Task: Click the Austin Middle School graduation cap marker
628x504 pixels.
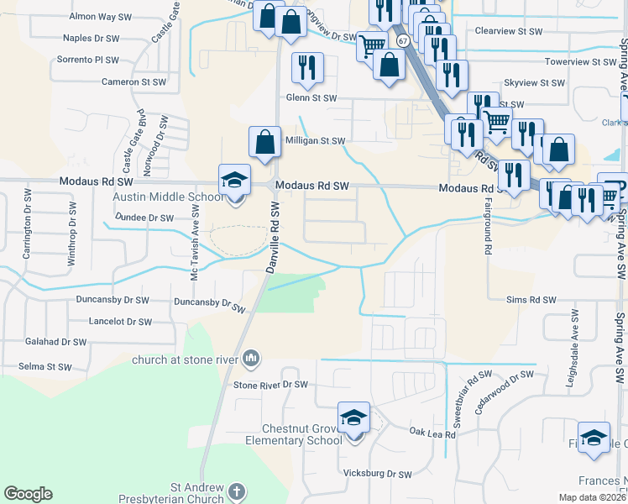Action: [x=235, y=180]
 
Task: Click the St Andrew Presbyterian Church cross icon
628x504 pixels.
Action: [x=237, y=490]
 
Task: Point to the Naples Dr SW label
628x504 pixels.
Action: [x=92, y=38]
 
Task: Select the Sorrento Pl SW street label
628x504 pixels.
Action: [x=87, y=60]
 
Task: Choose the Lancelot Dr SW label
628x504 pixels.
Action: [x=121, y=322]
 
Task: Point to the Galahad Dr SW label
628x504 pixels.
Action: [x=56, y=342]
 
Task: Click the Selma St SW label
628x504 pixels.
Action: [x=45, y=367]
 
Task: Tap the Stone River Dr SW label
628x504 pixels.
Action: [x=270, y=385]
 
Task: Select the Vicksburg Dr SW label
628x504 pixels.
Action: [x=378, y=474]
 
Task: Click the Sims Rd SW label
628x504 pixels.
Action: [x=531, y=300]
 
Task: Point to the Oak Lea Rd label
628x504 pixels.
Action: [x=432, y=433]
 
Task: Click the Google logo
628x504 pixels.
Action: [x=28, y=494]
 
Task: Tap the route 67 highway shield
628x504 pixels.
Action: [x=403, y=40]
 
